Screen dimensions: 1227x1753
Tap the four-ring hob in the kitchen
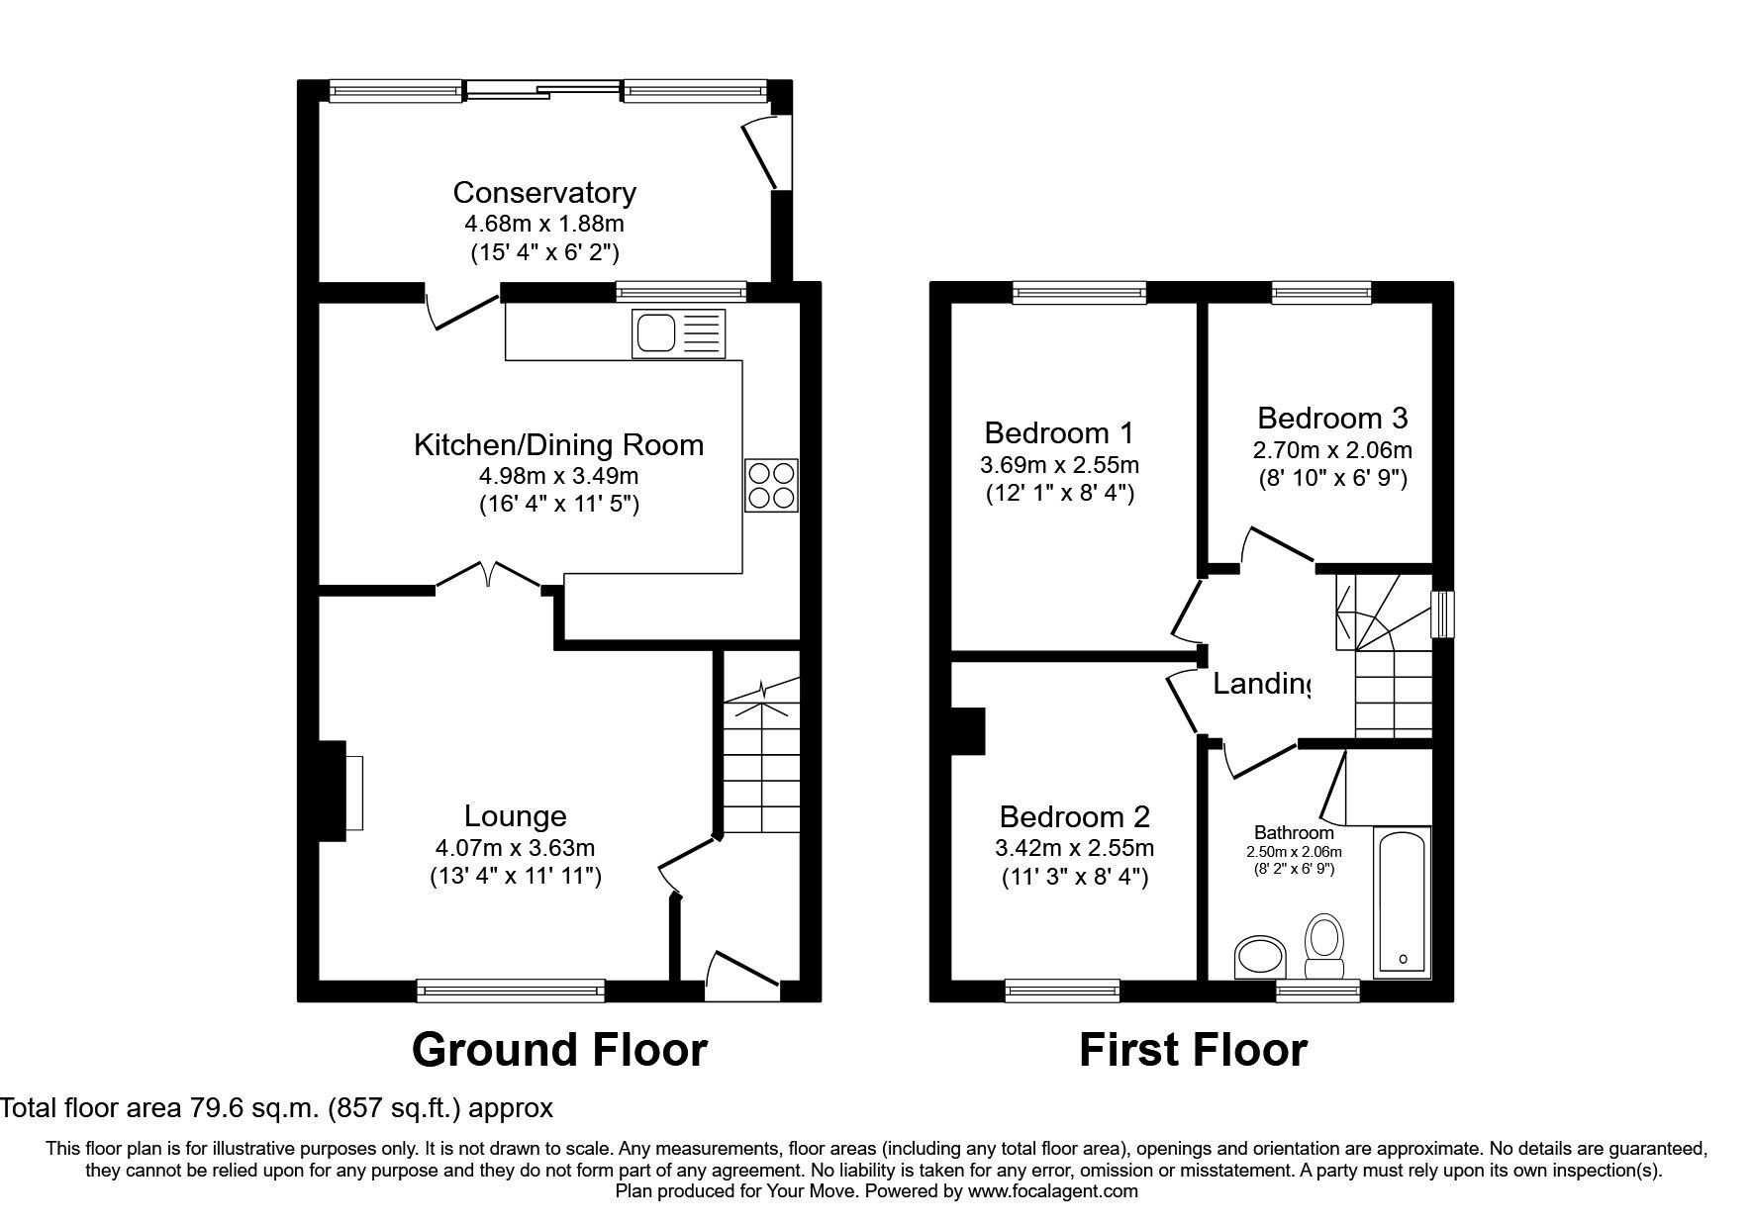[771, 486]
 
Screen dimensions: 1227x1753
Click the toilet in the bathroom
[1322, 944]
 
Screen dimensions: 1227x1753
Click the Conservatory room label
[544, 192]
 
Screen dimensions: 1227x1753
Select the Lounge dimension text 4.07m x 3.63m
[515, 848]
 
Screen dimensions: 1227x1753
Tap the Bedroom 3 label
[1332, 418]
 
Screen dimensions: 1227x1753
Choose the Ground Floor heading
[559, 1050]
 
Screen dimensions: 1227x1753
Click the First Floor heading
[1193, 1050]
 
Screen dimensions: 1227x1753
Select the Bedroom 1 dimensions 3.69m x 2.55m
[1059, 464]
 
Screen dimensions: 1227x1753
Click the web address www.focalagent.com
[1053, 1191]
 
